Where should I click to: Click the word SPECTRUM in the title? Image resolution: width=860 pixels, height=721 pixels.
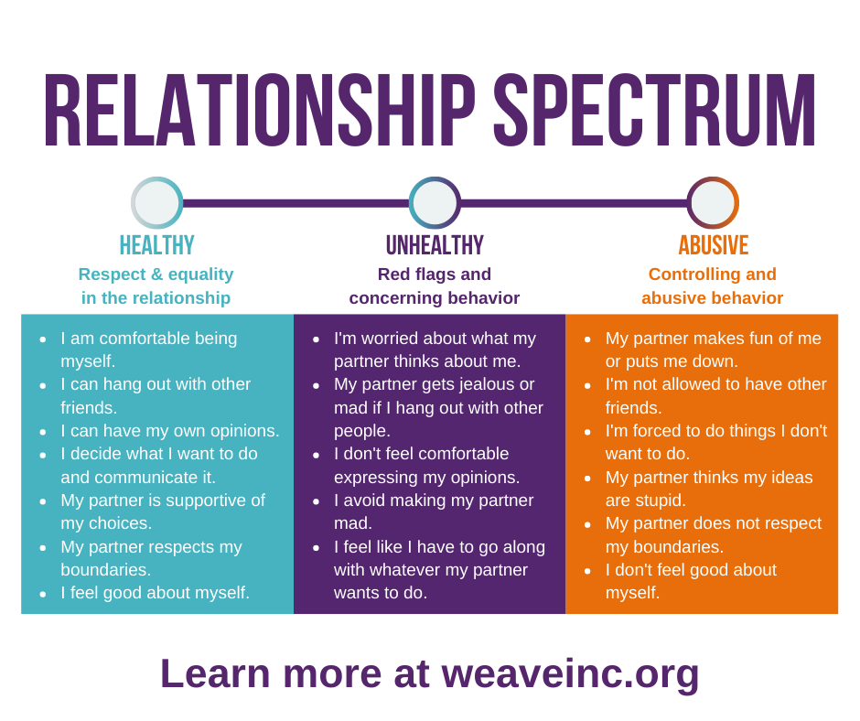point(654,111)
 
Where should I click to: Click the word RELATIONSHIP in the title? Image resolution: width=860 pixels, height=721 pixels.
point(260,111)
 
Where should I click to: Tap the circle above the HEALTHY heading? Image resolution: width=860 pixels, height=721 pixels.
point(157,202)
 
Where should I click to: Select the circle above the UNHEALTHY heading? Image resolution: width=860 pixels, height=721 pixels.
point(435,202)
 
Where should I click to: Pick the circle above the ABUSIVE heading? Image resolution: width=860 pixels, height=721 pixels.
point(713,202)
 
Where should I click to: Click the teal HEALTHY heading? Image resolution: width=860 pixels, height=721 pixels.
point(156,245)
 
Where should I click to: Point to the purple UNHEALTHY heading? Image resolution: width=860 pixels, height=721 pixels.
point(435,245)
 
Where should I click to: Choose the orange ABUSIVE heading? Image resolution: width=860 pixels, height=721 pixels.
point(714,245)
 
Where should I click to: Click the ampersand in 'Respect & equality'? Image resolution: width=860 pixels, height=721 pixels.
point(156,274)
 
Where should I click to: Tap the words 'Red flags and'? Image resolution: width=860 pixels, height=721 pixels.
point(435,274)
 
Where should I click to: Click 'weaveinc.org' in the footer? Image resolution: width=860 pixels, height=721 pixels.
point(570,674)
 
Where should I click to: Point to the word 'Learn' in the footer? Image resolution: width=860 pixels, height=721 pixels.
point(215,673)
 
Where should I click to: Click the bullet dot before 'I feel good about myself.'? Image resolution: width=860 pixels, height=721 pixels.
point(43,594)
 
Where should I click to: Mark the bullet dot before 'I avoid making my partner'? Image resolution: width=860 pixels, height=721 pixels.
point(316,501)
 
